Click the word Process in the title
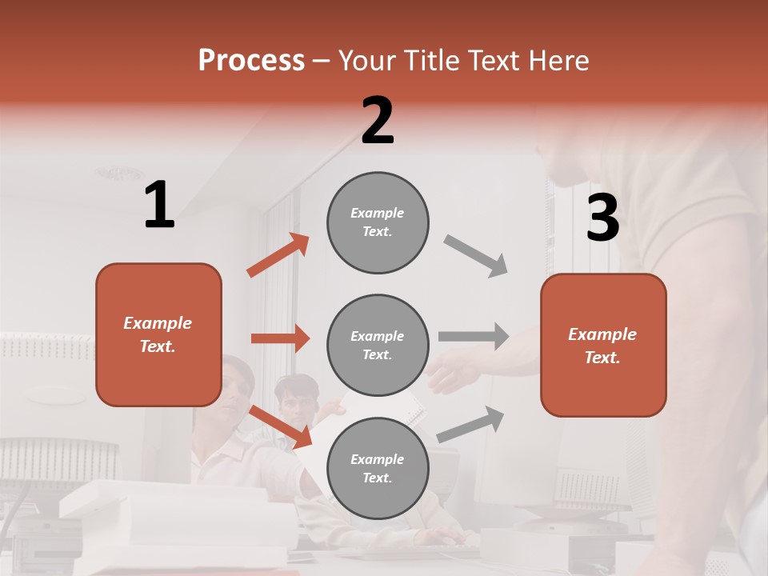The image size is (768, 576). point(251,61)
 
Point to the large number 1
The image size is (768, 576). point(159,206)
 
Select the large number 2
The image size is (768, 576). point(378,121)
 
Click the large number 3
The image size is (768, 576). point(602,218)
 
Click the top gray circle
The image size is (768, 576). point(378,222)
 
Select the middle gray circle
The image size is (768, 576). point(378,345)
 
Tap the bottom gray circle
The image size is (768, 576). point(378,468)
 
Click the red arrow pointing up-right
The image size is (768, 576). point(278,255)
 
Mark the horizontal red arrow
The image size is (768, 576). point(280,338)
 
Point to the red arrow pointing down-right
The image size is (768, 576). point(280,426)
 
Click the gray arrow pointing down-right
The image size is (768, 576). point(476,256)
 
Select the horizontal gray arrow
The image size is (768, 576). point(474,336)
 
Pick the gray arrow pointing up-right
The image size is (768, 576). point(470,424)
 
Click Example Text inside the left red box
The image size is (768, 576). point(158,334)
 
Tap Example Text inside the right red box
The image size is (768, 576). point(602,346)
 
